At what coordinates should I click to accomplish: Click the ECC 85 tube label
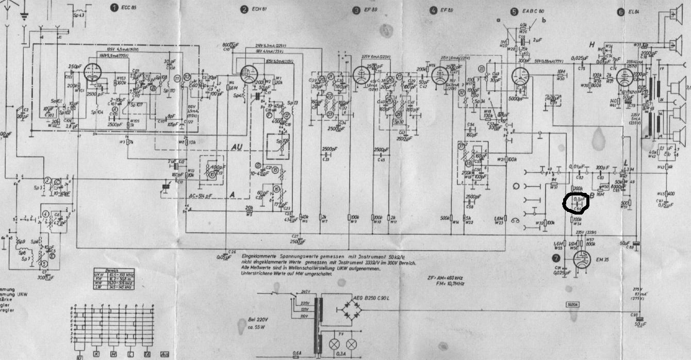pos(125,9)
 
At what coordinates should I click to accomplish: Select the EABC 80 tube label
pos(533,11)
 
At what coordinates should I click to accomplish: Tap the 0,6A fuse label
pos(296,353)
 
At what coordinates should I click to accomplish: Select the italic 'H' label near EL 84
pos(593,44)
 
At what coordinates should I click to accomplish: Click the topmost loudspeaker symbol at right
pos(673,14)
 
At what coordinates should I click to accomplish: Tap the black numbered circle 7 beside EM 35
pos(554,258)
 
